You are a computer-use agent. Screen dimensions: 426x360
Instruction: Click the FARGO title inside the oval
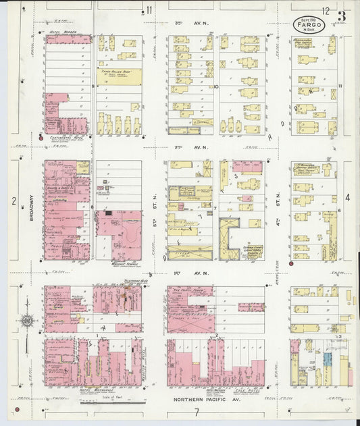[x=309, y=26]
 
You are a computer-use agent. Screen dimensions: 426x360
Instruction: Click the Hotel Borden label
[x=62, y=31]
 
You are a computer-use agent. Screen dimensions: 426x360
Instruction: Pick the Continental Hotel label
[x=67, y=136]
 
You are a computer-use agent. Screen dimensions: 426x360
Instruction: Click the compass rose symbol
[x=28, y=321]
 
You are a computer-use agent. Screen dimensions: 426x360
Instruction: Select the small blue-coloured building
[x=327, y=360]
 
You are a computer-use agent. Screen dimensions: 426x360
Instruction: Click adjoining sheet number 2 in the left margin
[x=13, y=201]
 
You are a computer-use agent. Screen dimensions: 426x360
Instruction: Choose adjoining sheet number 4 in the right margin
[x=348, y=198]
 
